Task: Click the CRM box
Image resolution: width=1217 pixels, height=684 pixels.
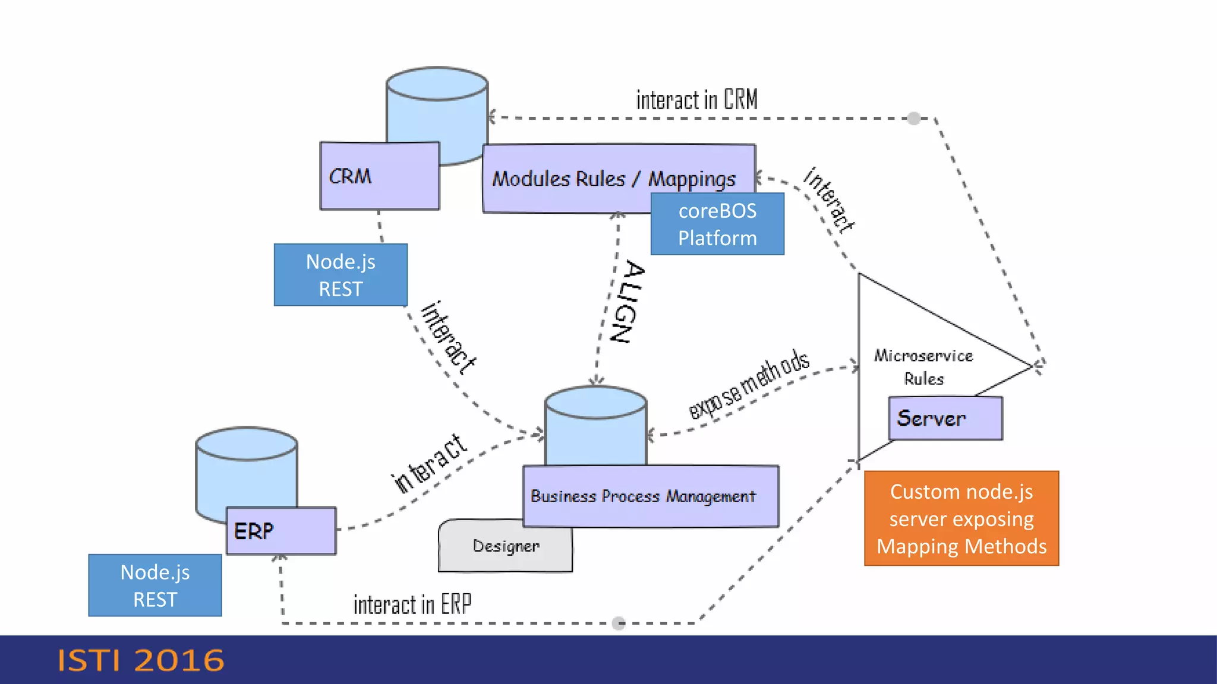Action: tap(379, 176)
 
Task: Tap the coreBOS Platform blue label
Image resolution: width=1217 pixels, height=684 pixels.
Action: tap(717, 224)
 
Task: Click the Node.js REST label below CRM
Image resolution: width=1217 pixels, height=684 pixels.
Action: tap(340, 275)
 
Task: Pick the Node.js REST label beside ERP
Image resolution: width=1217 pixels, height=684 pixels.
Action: tap(155, 585)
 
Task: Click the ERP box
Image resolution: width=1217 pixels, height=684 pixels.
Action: tap(281, 531)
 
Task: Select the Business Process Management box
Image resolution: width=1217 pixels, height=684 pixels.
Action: tap(650, 496)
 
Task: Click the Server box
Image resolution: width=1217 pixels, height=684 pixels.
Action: tap(945, 419)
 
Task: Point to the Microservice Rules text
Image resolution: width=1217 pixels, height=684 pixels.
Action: tap(923, 367)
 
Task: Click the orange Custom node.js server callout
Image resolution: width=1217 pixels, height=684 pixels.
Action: tap(961, 518)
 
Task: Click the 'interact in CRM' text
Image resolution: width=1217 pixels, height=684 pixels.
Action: tap(696, 100)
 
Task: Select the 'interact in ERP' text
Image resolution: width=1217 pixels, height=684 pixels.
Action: tap(412, 605)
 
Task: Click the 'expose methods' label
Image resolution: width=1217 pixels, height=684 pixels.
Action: tap(749, 384)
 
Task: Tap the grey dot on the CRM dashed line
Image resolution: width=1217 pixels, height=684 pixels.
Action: tap(914, 118)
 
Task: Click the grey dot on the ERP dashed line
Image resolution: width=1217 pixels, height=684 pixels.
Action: tap(619, 623)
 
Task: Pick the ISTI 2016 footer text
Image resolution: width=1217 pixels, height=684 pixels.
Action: tap(141, 660)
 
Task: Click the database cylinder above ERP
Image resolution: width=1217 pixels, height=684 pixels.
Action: tap(246, 469)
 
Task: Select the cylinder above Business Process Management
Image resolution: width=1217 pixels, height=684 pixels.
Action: tap(595, 425)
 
